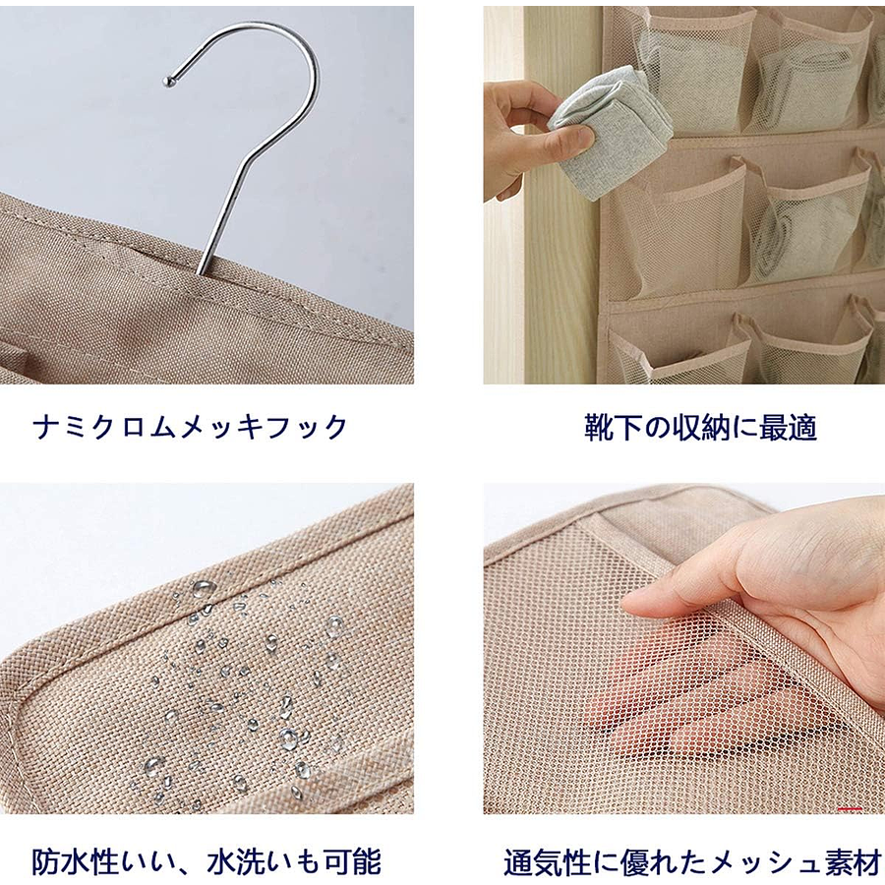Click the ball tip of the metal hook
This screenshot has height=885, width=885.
coord(167,82)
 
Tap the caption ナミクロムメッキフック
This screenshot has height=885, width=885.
coord(191,427)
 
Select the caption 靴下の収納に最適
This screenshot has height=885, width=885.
coord(700,428)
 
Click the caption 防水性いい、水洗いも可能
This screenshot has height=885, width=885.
coord(206,861)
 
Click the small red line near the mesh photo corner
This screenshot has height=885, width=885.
coord(850,809)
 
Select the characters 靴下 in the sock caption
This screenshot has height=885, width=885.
coord(613,428)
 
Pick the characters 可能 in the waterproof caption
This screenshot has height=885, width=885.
coord(353,861)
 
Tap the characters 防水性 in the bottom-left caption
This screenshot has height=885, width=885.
coord(75,861)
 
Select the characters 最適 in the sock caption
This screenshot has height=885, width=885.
coord(789,428)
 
